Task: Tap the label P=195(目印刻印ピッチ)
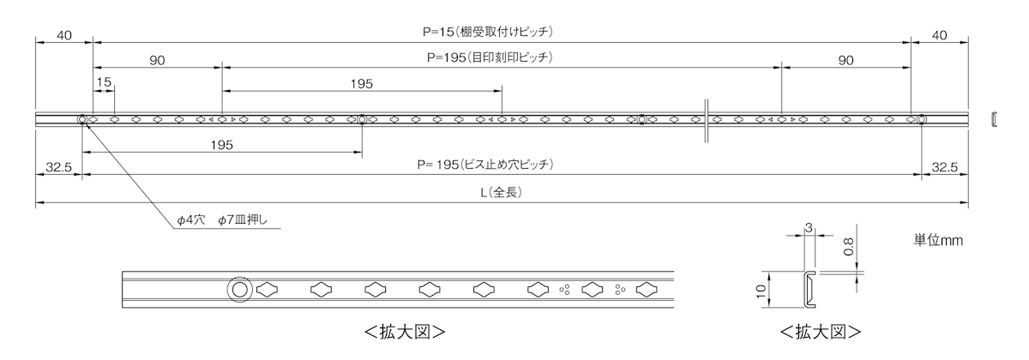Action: (489, 59)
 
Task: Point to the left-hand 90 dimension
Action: (157, 60)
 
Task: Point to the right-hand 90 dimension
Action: (845, 60)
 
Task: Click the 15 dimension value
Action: (104, 82)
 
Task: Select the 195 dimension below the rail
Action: (221, 145)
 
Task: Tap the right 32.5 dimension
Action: (944, 168)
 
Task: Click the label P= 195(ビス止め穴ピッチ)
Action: (486, 166)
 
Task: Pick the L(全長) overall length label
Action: (500, 194)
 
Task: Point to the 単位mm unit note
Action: (938, 241)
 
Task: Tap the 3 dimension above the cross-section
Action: (809, 229)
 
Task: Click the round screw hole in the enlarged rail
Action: (239, 290)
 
